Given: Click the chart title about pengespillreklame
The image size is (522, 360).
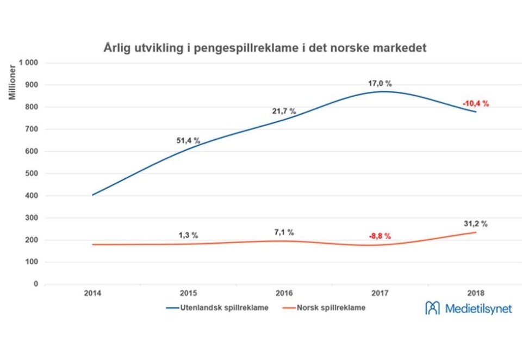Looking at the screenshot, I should (x=265, y=48).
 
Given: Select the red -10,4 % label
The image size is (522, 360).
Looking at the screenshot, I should (x=476, y=103).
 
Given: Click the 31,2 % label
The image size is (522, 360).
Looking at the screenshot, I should (x=476, y=223).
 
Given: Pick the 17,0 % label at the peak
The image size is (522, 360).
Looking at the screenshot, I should (x=380, y=83).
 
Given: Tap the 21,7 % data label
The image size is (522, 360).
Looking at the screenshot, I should (x=284, y=111).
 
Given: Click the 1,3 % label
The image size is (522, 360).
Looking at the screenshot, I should (x=188, y=235).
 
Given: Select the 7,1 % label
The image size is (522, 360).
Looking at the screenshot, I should (x=283, y=232).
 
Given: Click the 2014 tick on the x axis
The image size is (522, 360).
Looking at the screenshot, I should (x=92, y=293).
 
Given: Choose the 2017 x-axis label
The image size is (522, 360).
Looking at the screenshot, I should (x=380, y=293).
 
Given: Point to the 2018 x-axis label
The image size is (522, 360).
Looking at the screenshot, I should (x=476, y=293).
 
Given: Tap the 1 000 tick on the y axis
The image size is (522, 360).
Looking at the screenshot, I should (x=29, y=63).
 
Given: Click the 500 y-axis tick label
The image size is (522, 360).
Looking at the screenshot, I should (x=32, y=173).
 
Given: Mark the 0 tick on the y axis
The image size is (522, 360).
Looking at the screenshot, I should (x=36, y=284).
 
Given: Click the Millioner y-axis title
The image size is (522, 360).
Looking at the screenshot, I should (x=11, y=82).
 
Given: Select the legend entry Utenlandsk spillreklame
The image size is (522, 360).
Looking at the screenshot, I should (x=217, y=308).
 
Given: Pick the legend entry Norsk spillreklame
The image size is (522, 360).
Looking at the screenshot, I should (x=325, y=308).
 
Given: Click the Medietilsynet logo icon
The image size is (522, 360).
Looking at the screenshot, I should (x=433, y=308).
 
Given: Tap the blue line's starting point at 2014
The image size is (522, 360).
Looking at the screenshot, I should (x=92, y=195).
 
